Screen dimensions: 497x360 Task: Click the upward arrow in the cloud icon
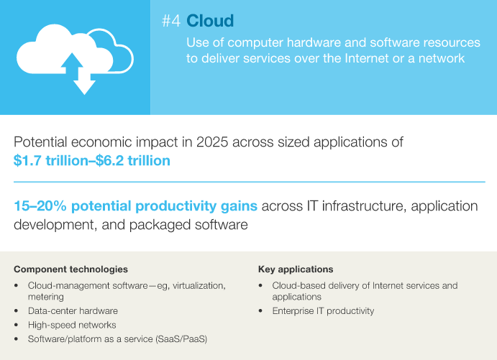(x=72, y=63)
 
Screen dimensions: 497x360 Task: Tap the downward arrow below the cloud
(x=84, y=85)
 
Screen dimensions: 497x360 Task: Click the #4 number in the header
(x=171, y=21)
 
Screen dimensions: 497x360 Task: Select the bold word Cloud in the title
(x=210, y=21)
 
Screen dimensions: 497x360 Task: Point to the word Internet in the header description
(x=365, y=59)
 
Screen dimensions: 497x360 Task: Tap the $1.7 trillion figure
(x=51, y=161)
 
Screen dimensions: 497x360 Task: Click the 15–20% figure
(x=40, y=206)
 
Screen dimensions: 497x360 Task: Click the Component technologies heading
(x=70, y=269)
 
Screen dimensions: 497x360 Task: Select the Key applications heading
(x=296, y=269)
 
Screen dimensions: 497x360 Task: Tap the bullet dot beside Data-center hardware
(x=16, y=311)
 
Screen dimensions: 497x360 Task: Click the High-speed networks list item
(x=72, y=326)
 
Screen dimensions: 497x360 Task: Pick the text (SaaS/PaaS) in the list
(x=181, y=339)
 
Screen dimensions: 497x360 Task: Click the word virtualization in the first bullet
(x=199, y=285)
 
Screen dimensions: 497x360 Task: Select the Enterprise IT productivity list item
(x=323, y=311)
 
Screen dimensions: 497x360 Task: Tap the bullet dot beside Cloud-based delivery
(x=260, y=286)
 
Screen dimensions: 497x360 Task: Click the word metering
(x=45, y=297)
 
